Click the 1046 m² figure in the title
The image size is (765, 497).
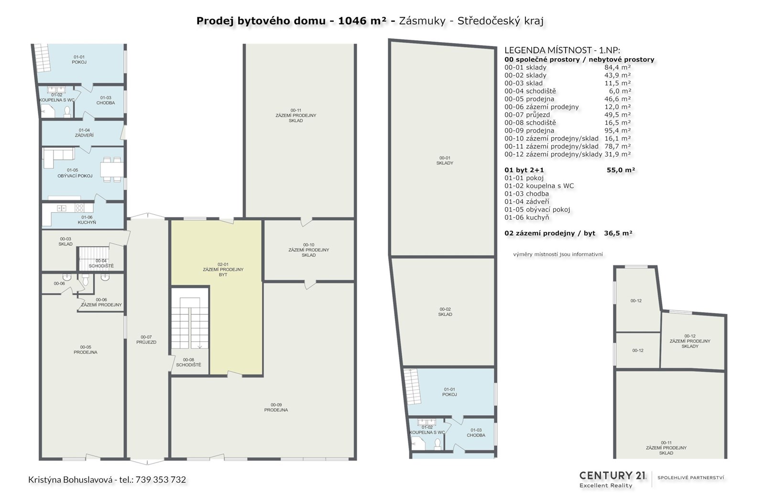[x=363, y=21]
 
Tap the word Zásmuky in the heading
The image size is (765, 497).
[x=422, y=21]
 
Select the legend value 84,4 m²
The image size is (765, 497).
[x=617, y=67]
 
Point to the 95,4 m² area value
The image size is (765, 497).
[x=617, y=130]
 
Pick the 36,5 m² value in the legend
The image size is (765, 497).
[x=618, y=233]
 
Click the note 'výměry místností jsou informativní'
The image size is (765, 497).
[x=557, y=254]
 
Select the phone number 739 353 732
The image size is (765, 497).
[x=161, y=480]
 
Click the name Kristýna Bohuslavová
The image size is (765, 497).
[x=70, y=480]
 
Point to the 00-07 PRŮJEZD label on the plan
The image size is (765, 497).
[x=146, y=340]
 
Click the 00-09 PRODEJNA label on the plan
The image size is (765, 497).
[x=276, y=407]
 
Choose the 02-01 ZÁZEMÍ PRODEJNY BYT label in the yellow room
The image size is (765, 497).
[x=223, y=270]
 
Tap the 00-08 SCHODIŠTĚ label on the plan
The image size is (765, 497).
[x=188, y=362]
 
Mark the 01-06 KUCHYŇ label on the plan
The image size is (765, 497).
[x=87, y=220]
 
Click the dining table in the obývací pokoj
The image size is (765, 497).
[x=112, y=169]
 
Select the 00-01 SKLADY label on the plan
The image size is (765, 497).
[x=445, y=161]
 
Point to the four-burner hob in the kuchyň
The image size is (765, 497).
[x=79, y=208]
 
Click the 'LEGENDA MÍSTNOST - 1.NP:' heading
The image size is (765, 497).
[x=562, y=50]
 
